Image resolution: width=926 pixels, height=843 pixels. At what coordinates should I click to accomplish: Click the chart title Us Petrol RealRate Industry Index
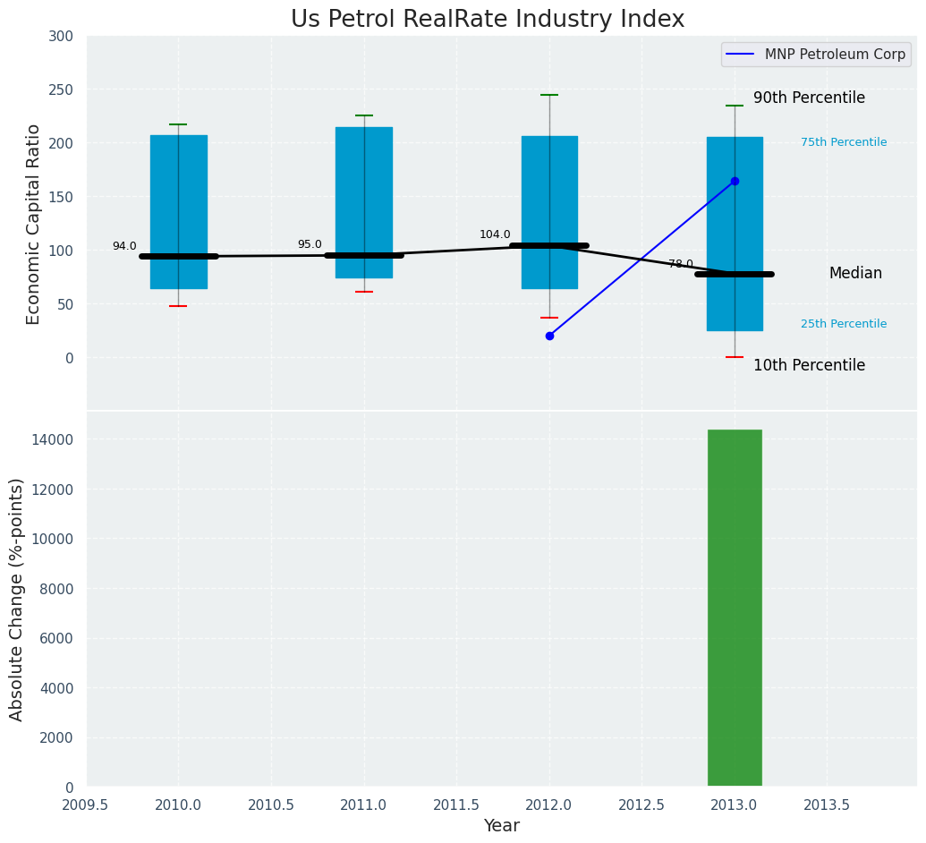488,20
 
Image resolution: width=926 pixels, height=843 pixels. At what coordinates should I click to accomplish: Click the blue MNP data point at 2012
549,336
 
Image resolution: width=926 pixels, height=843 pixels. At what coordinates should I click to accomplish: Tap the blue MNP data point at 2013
735,181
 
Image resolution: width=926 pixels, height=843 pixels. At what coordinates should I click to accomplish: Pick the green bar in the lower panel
735,608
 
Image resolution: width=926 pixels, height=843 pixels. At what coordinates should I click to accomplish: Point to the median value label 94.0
124,247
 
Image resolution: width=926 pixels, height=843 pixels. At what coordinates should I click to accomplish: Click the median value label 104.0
495,235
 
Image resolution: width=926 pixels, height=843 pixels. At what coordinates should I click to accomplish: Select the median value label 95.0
310,245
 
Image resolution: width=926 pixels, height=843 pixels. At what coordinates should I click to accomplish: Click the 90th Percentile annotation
809,98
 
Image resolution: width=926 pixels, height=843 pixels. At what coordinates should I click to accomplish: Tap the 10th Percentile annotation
809,366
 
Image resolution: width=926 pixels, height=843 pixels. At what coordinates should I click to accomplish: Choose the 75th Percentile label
844,143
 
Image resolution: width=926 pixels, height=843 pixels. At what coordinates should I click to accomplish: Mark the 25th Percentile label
844,325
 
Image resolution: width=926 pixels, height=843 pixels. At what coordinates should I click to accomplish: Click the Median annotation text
855,274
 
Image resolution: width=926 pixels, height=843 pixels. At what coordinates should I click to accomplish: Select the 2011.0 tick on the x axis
363,805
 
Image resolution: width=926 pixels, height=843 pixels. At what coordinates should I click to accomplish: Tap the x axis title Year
502,826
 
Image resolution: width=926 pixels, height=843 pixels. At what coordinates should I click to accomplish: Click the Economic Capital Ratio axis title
34,224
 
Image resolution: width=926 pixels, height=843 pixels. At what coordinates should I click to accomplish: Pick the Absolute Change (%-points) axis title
17,599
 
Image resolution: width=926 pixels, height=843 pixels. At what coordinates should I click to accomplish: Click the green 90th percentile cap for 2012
549,95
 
